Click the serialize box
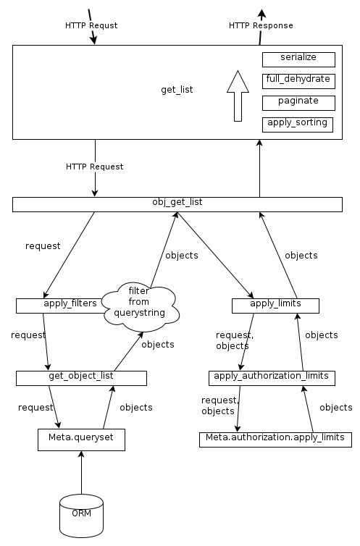pyautogui.click(x=298, y=59)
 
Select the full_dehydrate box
pyautogui.click(x=298, y=80)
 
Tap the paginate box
pyautogui.click(x=298, y=102)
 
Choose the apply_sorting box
pyautogui.click(x=298, y=124)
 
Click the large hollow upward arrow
pyautogui.click(x=238, y=96)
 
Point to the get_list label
pyautogui.click(x=177, y=90)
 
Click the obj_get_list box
pyautogui.click(x=177, y=204)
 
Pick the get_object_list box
pyautogui.click(x=81, y=377)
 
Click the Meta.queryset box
pyautogui.click(x=81, y=439)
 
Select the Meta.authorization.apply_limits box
pyautogui.click(x=275, y=440)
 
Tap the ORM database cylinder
pyautogui.click(x=81, y=516)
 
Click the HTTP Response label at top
pyautogui.click(x=261, y=25)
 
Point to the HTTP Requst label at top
pyautogui.click(x=91, y=25)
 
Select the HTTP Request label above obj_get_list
pyautogui.click(x=94, y=167)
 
